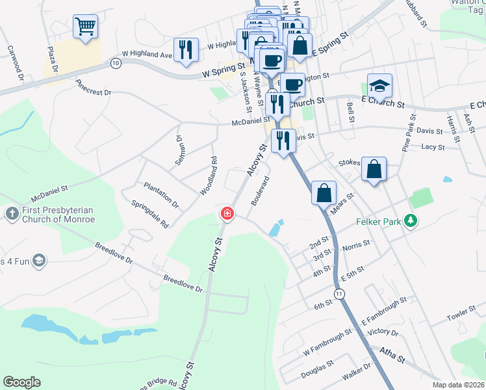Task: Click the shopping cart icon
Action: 85,27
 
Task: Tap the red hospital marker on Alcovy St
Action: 227,213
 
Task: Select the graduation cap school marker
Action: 379,85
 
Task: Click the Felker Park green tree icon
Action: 410,221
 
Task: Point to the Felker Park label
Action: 378,222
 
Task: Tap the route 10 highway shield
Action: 116,63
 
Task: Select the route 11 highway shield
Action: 339,294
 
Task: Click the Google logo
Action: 21,382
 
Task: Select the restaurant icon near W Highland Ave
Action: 186,49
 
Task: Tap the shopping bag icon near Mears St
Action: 324,192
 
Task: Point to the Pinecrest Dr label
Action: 93,88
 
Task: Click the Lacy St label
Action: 433,148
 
